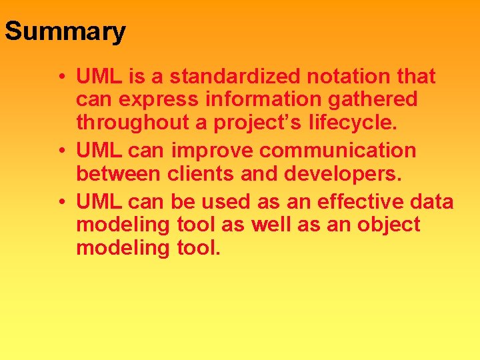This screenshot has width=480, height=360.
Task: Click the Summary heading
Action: [x=65, y=31]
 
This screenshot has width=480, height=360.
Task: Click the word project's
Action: [x=255, y=123]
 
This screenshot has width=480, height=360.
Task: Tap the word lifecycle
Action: [x=357, y=123]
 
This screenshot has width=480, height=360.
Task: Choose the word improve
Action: [x=213, y=151]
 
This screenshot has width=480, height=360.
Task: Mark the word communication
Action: [x=338, y=151]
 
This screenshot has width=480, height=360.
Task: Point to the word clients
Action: [x=198, y=174]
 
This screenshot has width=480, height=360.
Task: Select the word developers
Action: [x=344, y=174]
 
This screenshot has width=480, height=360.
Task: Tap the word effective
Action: [x=361, y=201]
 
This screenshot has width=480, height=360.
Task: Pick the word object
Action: [x=389, y=225]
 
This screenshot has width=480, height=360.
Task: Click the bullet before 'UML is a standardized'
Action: [x=61, y=77]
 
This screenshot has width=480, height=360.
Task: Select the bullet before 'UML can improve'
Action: [x=61, y=151]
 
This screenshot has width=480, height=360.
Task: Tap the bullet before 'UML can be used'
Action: [x=61, y=201]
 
